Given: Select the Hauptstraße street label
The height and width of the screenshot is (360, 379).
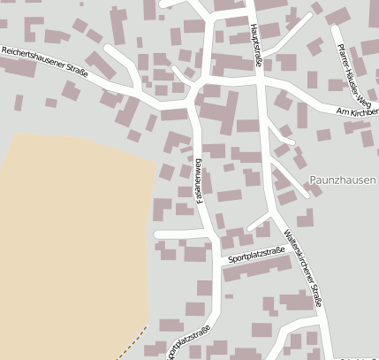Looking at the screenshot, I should [257, 42].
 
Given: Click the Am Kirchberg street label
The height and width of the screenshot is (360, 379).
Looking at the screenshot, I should [357, 111].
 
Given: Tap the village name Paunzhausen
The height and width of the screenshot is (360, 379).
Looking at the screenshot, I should [343, 180].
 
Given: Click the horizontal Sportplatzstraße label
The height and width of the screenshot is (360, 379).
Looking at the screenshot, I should [256, 256].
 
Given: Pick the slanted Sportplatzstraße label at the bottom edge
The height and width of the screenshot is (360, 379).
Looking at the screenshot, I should [189, 341].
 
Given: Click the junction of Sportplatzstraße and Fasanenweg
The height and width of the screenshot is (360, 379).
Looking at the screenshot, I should [217, 261].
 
